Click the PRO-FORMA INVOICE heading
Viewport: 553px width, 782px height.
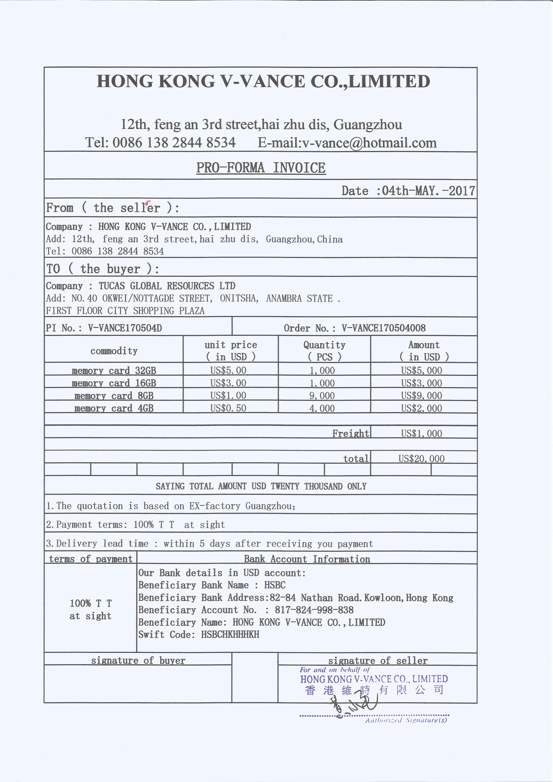(x=261, y=168)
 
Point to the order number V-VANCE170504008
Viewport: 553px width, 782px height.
(x=383, y=328)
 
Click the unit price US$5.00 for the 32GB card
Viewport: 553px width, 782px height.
(x=228, y=370)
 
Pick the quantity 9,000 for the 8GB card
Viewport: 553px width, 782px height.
(x=322, y=395)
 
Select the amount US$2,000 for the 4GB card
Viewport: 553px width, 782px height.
(x=422, y=408)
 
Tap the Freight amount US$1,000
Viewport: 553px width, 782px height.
(x=422, y=433)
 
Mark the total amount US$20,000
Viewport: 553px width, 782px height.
(x=422, y=458)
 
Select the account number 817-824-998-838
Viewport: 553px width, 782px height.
(x=314, y=610)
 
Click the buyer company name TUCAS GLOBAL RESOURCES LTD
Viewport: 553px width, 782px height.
(x=167, y=286)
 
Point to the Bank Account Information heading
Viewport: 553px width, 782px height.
(x=307, y=559)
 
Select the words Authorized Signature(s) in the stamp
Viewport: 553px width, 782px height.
(x=406, y=720)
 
